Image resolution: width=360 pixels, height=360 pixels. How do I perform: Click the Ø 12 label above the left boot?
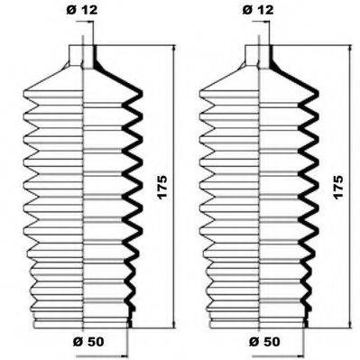pos(81,11)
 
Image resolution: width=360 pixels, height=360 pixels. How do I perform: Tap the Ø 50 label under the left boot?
pos(88,342)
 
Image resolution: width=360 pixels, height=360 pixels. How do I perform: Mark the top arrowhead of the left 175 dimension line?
pos(172,45)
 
